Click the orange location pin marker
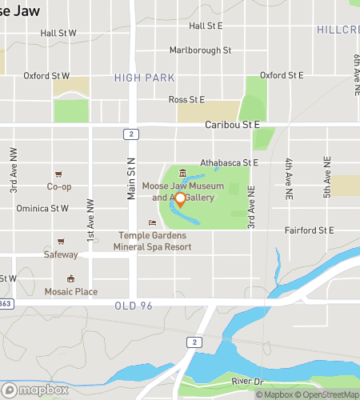pyautogui.click(x=181, y=200)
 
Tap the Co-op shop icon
pyautogui.click(x=58, y=174)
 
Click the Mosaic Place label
pyautogui.click(x=70, y=292)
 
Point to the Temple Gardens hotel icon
pyautogui.click(x=152, y=222)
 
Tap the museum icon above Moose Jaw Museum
pyautogui.click(x=183, y=174)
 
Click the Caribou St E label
pyautogui.click(x=232, y=125)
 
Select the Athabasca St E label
pyautogui.click(x=230, y=162)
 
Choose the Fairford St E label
pyautogui.click(x=309, y=230)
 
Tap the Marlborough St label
pyautogui.click(x=200, y=50)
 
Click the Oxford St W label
pyautogui.click(x=46, y=76)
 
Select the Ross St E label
pyautogui.click(x=186, y=99)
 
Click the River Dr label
pyautogui.click(x=247, y=382)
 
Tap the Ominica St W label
pyautogui.click(x=42, y=208)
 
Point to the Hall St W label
pyautogui.click(x=58, y=34)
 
